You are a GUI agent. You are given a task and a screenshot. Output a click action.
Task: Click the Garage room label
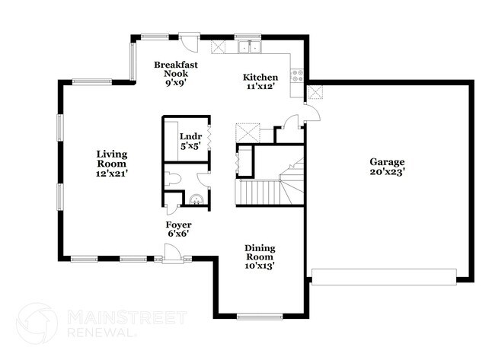(387, 162)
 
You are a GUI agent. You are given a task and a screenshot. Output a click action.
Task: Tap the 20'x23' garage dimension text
(387, 173)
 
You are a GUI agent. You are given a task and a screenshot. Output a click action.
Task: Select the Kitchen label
(260, 78)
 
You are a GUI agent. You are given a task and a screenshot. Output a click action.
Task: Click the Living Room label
(111, 159)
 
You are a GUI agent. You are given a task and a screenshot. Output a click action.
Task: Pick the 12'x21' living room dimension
(111, 174)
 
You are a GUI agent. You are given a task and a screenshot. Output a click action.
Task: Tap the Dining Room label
(260, 253)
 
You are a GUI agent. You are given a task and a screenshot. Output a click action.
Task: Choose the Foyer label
(178, 225)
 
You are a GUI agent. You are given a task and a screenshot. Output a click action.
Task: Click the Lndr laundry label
(189, 138)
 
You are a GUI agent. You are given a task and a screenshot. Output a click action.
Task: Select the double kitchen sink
(248, 47)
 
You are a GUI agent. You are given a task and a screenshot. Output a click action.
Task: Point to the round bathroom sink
(197, 201)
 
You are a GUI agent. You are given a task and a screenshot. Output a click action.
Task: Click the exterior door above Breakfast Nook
(189, 37)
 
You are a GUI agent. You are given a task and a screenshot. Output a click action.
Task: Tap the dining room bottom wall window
(260, 316)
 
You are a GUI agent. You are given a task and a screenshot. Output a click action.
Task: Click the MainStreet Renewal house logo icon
(37, 323)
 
